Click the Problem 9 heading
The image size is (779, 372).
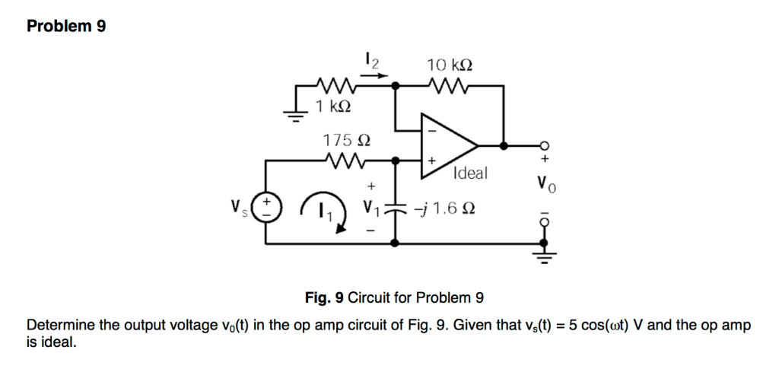pyautogui.click(x=66, y=27)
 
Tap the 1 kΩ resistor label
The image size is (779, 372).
pyautogui.click(x=332, y=106)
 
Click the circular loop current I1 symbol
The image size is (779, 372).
pyautogui.click(x=324, y=210)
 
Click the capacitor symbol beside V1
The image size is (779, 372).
pyautogui.click(x=395, y=208)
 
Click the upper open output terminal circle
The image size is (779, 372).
pyautogui.click(x=543, y=146)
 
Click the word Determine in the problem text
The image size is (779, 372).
pyautogui.click(x=60, y=326)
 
